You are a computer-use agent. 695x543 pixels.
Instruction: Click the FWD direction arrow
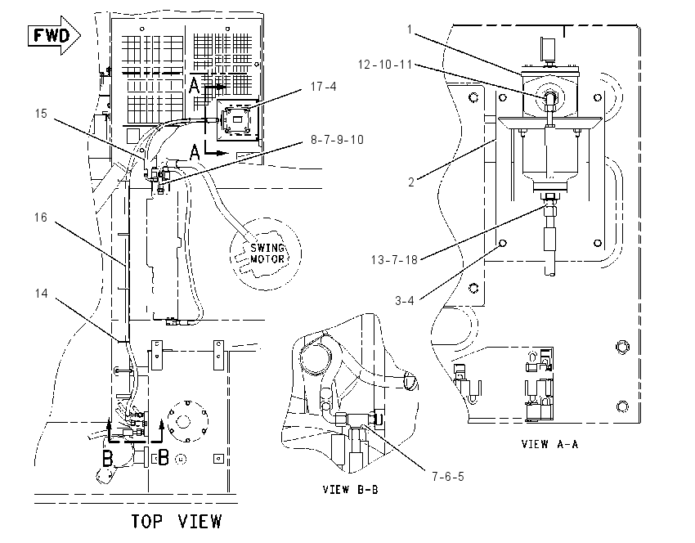point(54,35)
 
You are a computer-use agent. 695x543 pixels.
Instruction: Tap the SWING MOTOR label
point(267,254)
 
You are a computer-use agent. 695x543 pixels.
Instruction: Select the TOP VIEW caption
point(177,521)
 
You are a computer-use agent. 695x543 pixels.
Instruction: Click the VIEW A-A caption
point(550,444)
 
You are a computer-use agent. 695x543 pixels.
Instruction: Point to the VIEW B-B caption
point(350,489)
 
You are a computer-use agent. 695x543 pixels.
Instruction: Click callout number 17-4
point(323,87)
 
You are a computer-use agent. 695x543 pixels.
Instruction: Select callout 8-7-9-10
point(337,140)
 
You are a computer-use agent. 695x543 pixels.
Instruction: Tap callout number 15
point(41,114)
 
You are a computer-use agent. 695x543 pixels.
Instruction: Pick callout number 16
point(41,218)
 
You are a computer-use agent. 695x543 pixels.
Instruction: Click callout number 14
point(41,294)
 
